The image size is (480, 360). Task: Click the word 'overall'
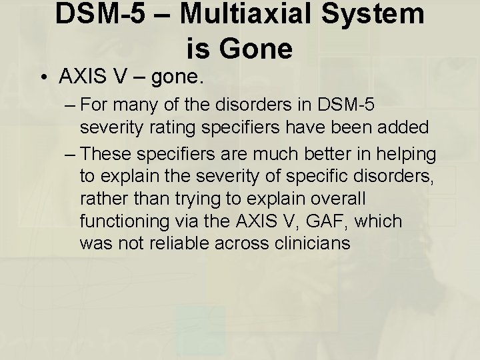pyautogui.click(x=327, y=199)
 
